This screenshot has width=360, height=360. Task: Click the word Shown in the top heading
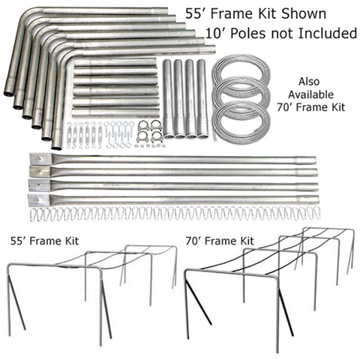(x=304, y=13)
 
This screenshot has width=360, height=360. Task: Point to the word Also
(x=309, y=82)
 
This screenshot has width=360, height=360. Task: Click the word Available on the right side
(x=311, y=94)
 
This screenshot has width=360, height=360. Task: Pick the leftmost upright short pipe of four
(x=167, y=98)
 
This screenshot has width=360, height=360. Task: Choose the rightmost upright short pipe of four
(x=202, y=98)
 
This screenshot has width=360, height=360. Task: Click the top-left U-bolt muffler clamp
(x=144, y=125)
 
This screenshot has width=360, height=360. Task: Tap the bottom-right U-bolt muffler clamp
(x=157, y=136)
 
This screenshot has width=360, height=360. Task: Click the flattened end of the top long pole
(x=40, y=158)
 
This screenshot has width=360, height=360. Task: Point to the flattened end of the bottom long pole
(x=40, y=199)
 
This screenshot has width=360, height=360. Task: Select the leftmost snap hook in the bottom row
(x=34, y=215)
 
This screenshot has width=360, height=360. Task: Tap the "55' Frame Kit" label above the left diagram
(x=44, y=241)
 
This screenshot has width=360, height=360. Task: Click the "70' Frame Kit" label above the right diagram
(x=220, y=241)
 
